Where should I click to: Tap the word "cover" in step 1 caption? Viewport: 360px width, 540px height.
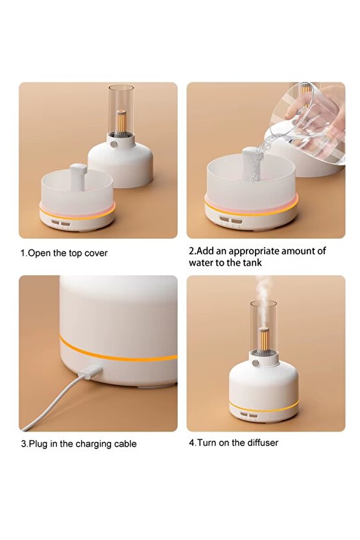coord(96,253)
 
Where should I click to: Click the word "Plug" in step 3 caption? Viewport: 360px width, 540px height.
coord(38,444)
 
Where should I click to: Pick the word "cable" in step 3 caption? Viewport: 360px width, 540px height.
coord(125,443)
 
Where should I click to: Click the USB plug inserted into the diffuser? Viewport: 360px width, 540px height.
coord(91,372)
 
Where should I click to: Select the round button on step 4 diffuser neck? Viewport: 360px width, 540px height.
coord(256,363)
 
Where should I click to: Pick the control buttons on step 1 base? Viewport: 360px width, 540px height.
coord(61,224)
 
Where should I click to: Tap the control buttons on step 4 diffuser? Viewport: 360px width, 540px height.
coord(248,415)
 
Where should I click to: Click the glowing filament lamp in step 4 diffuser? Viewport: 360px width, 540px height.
coord(263,341)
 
